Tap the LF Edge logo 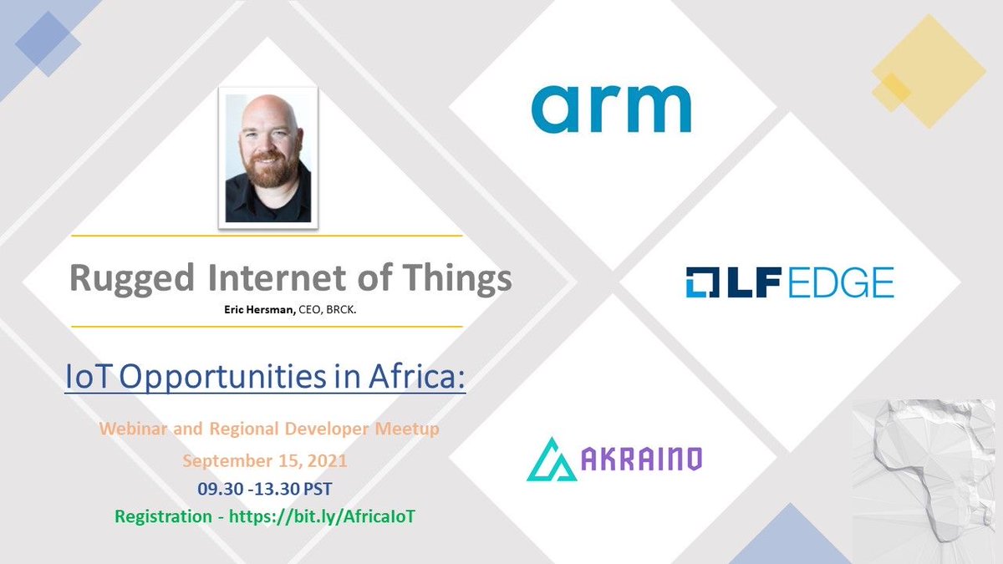click(789, 282)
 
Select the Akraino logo click(614, 458)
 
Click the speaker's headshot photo click(269, 158)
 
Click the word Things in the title click(466, 278)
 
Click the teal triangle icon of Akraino click(552, 460)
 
